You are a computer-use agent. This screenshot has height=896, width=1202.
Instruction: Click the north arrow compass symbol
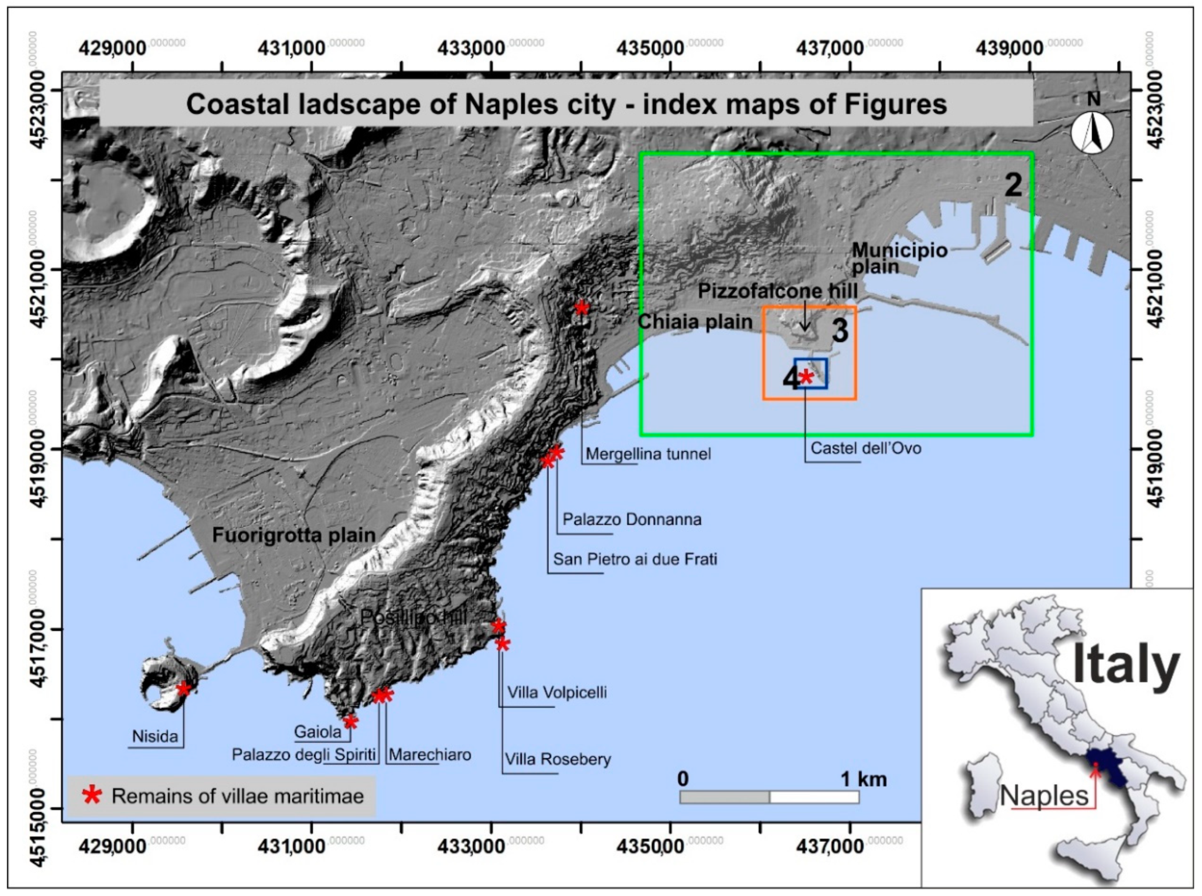[1092, 132]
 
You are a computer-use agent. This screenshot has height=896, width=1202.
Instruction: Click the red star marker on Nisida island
[184, 689]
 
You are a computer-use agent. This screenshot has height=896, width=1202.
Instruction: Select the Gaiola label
[317, 732]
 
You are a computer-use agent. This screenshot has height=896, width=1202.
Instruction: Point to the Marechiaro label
[430, 754]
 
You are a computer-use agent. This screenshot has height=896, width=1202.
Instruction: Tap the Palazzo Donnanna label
[632, 520]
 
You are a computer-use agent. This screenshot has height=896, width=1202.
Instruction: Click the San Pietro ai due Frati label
[635, 559]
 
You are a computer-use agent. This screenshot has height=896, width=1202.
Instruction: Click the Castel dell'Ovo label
[865, 449]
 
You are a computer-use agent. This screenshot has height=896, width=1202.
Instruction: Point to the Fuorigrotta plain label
[294, 535]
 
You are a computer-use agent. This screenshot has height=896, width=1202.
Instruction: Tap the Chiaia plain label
[695, 321]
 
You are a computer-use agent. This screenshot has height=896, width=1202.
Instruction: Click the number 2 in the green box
[1013, 185]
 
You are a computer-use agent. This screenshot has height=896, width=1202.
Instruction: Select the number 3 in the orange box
[839, 331]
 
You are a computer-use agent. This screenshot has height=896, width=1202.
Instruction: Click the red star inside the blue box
[806, 376]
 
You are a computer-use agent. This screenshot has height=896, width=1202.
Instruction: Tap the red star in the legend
[92, 796]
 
